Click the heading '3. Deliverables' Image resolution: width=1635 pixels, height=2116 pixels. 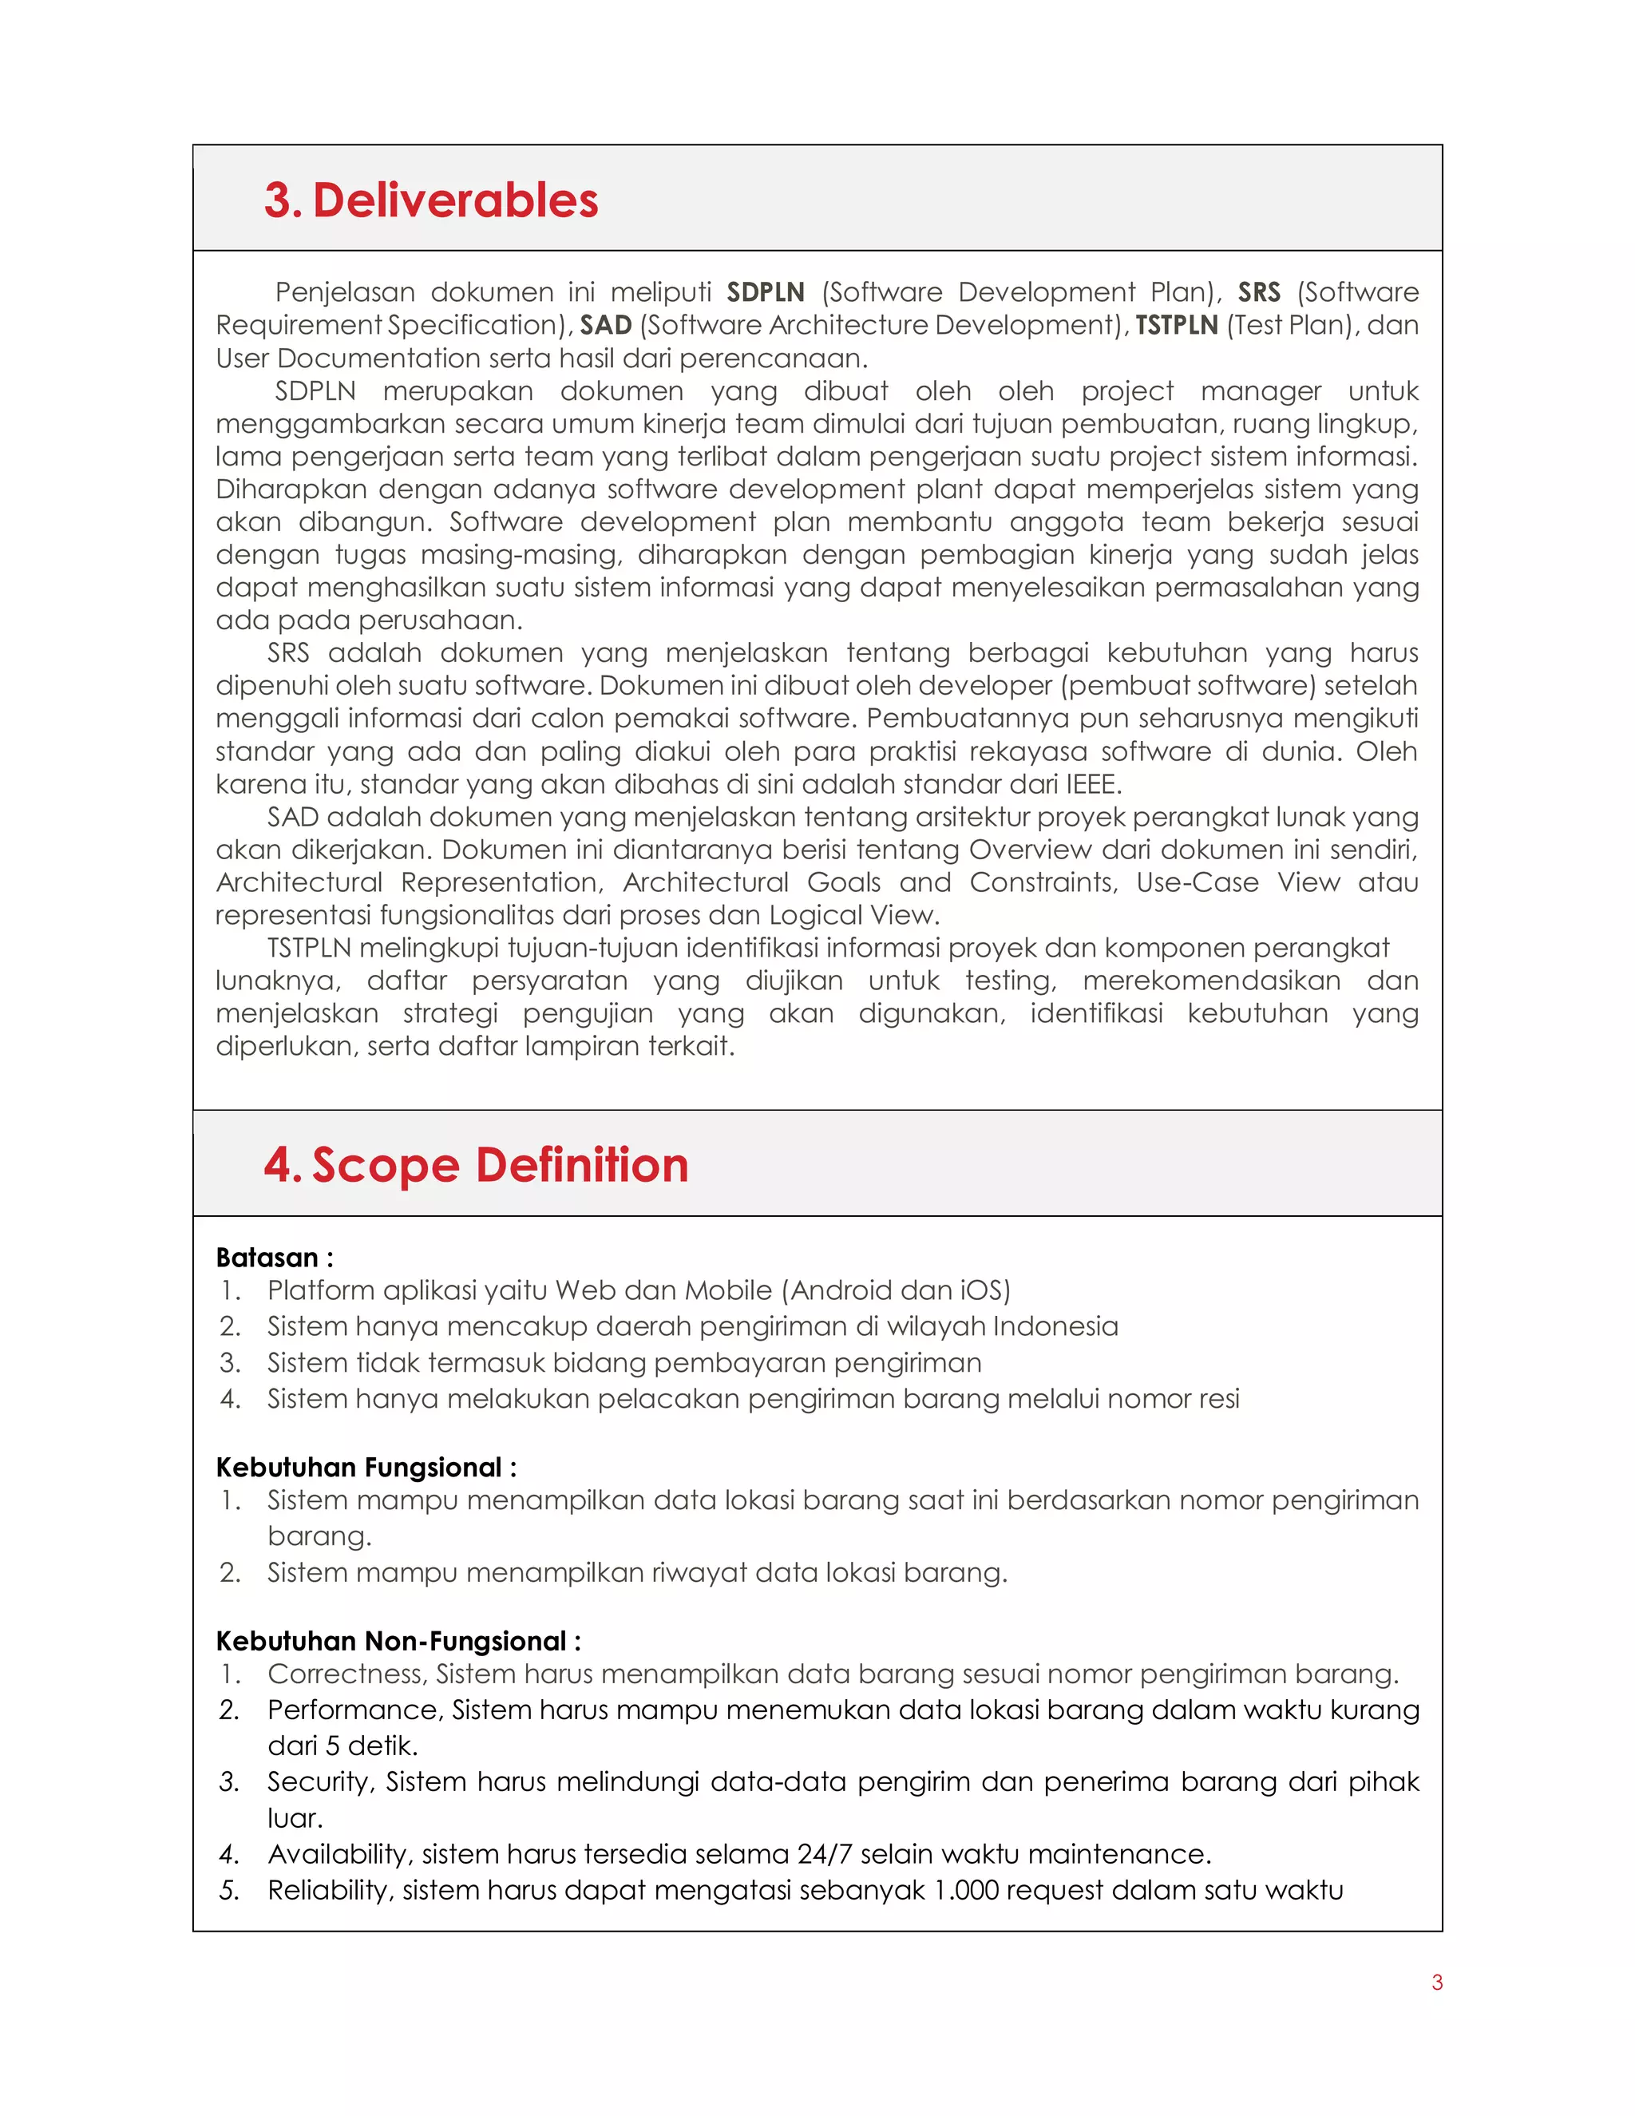(431, 200)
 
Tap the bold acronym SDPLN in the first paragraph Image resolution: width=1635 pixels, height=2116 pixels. (765, 291)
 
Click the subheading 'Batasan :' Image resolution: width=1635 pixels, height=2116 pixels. (274, 1258)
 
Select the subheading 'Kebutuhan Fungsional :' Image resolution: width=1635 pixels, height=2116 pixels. (365, 1467)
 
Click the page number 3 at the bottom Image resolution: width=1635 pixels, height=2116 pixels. (1436, 1983)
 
